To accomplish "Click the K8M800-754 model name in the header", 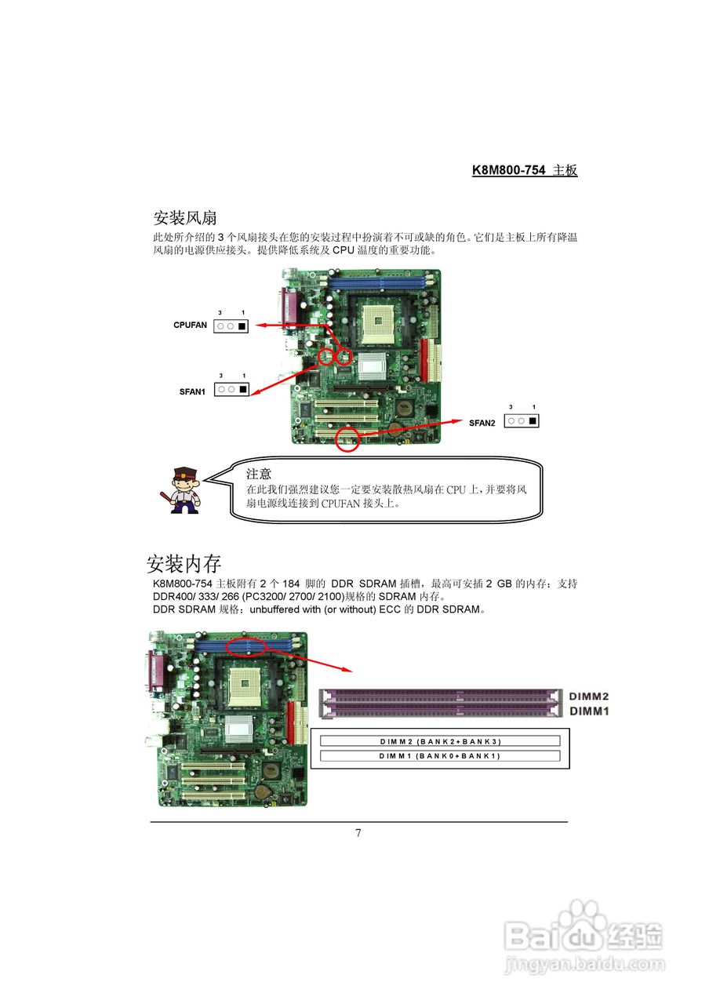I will coord(508,170).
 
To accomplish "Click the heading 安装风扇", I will coord(185,217).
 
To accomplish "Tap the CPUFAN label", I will coord(191,324).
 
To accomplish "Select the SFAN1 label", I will coord(192,391).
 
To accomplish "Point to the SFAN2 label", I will coord(482,423).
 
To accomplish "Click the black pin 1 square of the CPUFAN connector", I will coord(242,326).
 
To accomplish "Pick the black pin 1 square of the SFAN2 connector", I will coord(533,421).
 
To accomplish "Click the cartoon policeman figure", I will coord(184,489).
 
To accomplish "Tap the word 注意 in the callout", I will coord(259,474).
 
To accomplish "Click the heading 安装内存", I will coord(184,563).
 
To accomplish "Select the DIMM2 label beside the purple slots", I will coord(589,697).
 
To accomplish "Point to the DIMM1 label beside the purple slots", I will coord(589,711).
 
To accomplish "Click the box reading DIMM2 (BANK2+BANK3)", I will coord(439,741).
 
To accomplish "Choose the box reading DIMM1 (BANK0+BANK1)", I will coord(439,756).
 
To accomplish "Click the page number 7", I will coord(358,833).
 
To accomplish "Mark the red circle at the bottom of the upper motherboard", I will coord(347,440).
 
